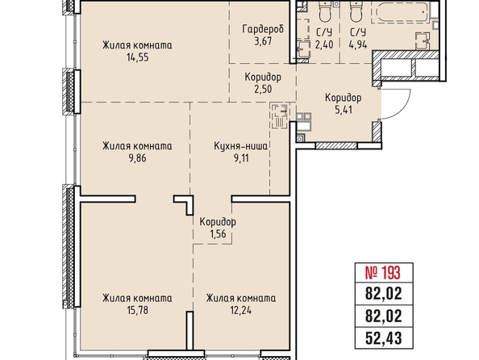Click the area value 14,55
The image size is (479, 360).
coord(137,57)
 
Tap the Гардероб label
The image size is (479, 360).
coord(263,29)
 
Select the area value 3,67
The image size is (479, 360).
coord(263,41)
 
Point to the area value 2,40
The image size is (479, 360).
coord(324,44)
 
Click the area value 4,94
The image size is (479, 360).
coord(358,44)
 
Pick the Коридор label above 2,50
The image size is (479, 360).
coord(263,77)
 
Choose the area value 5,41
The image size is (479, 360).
coord(344,110)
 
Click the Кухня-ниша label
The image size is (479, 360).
coord(241,146)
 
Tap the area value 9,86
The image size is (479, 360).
coord(137,158)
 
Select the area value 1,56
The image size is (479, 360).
coord(218,234)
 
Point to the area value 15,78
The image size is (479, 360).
coord(137,310)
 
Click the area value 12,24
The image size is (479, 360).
coord(241,310)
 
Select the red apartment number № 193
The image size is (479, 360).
coord(383,273)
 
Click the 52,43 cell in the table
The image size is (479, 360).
coord(384,338)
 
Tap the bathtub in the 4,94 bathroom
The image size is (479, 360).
coord(400,11)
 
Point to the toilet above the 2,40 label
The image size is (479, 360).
coord(324,11)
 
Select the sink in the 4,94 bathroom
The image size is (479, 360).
coord(423,40)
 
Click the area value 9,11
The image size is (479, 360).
coord(241,158)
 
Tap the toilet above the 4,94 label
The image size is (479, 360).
coord(356,11)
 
